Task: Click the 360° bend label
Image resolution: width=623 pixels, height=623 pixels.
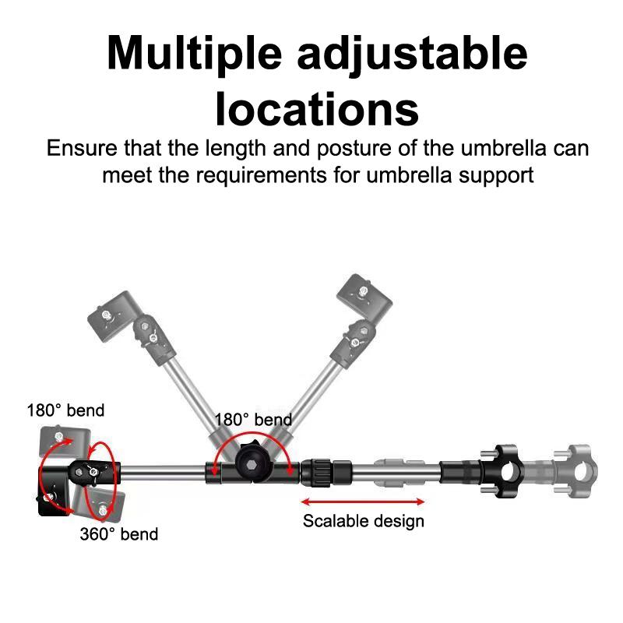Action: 118,533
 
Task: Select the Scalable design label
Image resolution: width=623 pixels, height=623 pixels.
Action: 364,520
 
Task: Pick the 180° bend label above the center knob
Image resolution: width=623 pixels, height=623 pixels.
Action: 253,420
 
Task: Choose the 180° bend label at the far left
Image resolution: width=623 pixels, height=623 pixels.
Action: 65,410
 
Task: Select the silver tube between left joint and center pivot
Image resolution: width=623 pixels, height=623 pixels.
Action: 164,470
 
